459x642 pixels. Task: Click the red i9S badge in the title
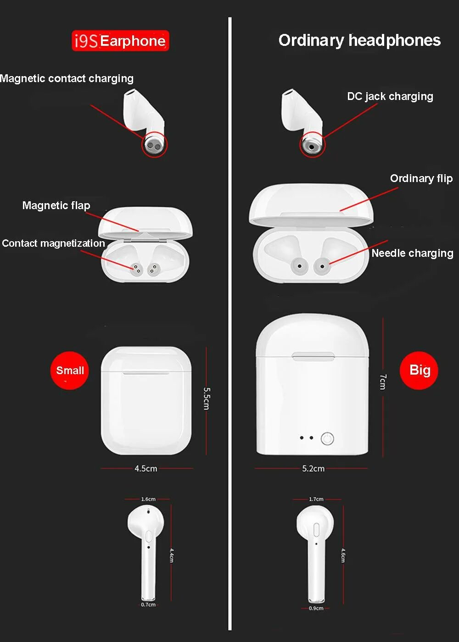coord(86,41)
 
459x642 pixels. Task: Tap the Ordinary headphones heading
coord(359,40)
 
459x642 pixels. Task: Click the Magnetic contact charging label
coord(67,78)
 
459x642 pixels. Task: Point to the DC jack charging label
coord(390,96)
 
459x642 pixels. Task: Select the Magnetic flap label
coord(56,205)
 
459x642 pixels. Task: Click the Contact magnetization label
coord(53,243)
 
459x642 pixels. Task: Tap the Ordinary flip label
coord(421,178)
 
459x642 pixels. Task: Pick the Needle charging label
coord(412,253)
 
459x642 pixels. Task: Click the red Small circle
coord(69,371)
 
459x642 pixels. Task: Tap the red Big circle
coord(419,370)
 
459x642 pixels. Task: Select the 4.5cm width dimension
coord(146,469)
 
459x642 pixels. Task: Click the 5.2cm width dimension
coord(313,469)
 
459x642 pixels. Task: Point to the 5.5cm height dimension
coord(207,398)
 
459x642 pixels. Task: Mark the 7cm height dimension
coord(383,382)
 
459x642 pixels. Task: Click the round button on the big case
coord(327,439)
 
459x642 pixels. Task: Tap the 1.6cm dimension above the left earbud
coord(148,499)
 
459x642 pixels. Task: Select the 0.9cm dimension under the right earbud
coord(316,609)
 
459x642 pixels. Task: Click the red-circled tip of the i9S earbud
coord(155,145)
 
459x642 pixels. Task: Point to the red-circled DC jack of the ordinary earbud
coord(312,146)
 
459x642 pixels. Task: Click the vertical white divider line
coord(230,321)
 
